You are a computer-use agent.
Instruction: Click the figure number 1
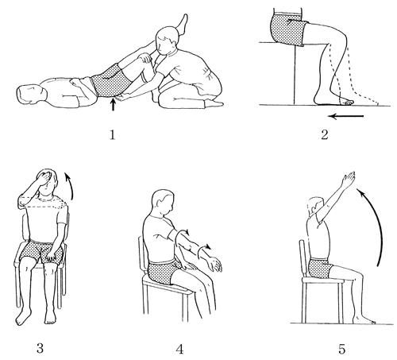coord(113,135)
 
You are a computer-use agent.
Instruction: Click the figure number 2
coord(325,135)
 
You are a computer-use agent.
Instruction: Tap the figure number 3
coord(40,348)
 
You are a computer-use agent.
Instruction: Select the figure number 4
coord(179,350)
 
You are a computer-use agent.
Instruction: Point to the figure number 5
coord(342,350)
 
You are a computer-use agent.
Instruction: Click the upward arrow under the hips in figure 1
coord(114,104)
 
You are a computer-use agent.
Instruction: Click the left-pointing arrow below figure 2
coord(345,116)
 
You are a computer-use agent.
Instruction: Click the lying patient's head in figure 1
coord(31,95)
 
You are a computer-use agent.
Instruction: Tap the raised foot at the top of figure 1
coord(183,24)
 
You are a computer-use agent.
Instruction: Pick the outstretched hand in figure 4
coord(214,264)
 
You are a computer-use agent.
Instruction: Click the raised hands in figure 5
coord(349,178)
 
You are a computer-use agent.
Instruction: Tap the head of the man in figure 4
coord(164,203)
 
